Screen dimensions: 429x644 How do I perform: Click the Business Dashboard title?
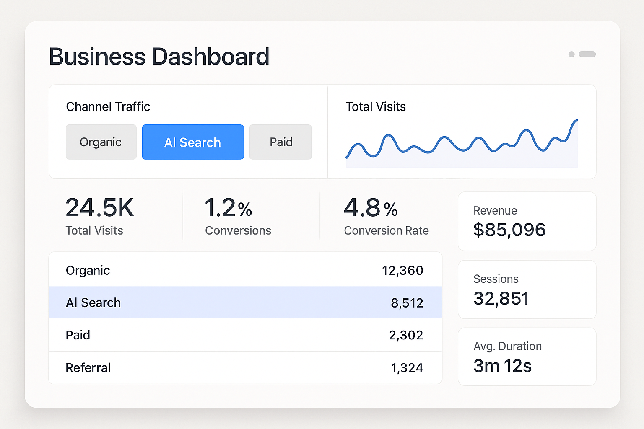159,57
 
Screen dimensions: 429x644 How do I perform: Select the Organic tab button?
101,142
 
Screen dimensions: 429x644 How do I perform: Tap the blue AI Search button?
193,142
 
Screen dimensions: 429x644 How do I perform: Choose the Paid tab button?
280,142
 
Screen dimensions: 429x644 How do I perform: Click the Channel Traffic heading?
108,107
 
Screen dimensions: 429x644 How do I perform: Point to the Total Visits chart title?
376,107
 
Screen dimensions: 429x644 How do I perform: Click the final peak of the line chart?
576,121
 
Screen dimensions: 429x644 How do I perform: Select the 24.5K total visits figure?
100,208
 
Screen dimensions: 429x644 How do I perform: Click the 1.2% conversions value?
228,208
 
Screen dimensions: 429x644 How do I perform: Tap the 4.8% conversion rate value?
371,208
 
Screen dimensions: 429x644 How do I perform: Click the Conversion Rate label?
386,231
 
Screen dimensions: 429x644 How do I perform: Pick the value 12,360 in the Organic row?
402,271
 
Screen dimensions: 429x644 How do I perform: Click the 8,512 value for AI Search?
407,303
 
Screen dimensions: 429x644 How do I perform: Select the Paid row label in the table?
78,335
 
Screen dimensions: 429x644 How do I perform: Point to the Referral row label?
88,368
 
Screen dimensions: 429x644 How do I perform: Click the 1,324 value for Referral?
407,368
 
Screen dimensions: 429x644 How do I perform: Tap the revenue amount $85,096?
509,230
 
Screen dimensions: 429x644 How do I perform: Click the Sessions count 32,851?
501,299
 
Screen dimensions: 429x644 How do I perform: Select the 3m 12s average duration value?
502,366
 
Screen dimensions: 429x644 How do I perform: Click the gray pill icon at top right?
587,54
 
